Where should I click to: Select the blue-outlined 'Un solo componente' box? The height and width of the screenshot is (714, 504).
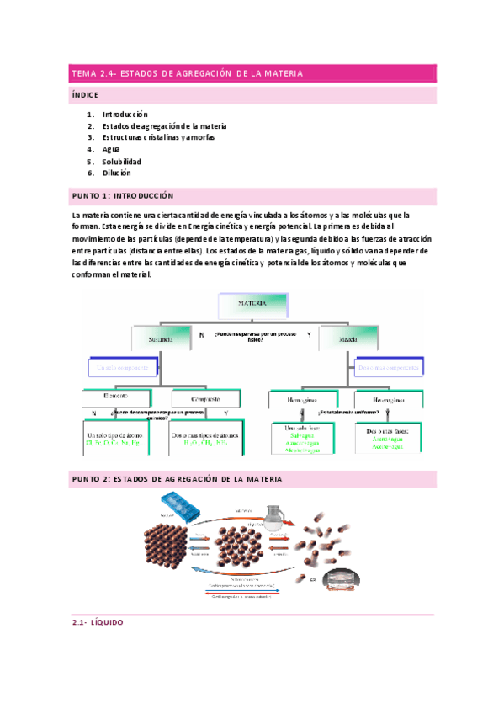(x=122, y=368)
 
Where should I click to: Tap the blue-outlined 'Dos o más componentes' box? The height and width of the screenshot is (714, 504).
(x=390, y=367)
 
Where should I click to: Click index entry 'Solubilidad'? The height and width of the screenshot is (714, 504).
(x=122, y=161)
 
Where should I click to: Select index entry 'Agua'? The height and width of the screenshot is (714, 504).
(x=113, y=149)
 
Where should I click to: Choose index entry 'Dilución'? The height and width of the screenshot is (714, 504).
(x=117, y=173)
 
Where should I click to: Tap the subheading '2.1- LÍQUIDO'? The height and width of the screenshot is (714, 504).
(x=98, y=623)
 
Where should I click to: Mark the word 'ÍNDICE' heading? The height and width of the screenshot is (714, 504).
(x=85, y=95)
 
